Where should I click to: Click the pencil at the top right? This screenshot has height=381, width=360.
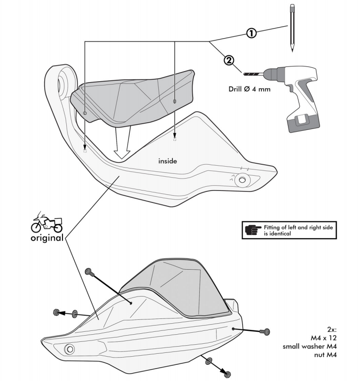coord(292,28)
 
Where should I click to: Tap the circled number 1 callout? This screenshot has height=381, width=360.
coord(251,33)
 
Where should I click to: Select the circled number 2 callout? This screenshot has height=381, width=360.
coord(229,61)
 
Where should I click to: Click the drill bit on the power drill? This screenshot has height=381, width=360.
coord(253,74)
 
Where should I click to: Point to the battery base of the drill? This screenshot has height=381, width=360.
coord(303,123)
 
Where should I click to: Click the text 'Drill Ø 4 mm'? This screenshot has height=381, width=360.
coord(249,89)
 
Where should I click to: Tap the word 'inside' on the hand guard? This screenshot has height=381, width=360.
coord(168,161)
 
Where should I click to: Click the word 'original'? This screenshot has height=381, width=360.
coord(47,238)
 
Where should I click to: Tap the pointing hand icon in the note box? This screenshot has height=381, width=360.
coord(253,230)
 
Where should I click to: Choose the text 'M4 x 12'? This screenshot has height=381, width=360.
coord(324,338)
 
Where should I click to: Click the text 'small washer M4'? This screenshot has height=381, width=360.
coord(309,346)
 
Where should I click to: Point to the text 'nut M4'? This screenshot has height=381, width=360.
coord(325,355)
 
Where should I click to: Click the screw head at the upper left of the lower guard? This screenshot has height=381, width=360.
coord(88,271)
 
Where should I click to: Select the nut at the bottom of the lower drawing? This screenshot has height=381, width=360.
coord(227,374)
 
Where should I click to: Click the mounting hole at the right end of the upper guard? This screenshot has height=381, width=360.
coord(242,180)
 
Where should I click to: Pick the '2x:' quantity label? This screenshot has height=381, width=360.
coord(332,329)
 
